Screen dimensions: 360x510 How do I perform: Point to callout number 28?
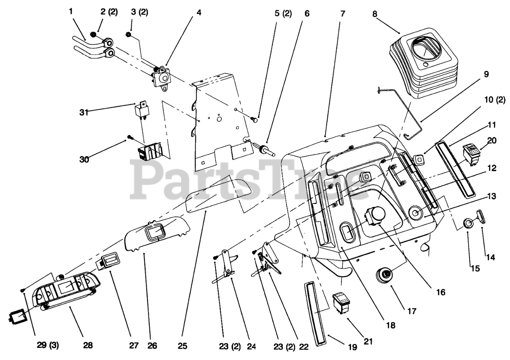click(x=88, y=345)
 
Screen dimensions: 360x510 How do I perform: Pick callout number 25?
click(x=182, y=345)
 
